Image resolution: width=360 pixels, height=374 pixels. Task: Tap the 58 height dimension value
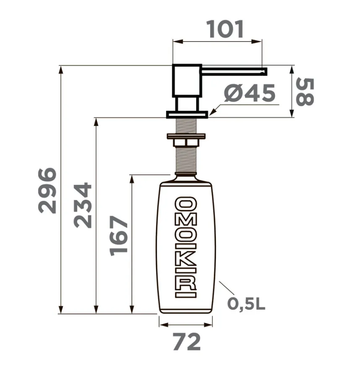coord(305,92)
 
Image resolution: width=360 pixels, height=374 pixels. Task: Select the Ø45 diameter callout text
coord(250,93)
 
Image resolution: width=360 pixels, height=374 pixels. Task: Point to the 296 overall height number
coord(47,190)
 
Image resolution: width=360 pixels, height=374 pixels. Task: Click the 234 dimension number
coord(83,205)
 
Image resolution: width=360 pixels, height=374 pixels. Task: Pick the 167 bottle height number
coord(119,236)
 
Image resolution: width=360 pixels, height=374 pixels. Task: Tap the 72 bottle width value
coord(186,342)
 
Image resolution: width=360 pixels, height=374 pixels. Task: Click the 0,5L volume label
coord(246,304)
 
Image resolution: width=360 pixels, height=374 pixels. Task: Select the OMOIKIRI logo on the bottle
coord(186,247)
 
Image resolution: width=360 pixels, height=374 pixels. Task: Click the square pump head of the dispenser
coord(187,81)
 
